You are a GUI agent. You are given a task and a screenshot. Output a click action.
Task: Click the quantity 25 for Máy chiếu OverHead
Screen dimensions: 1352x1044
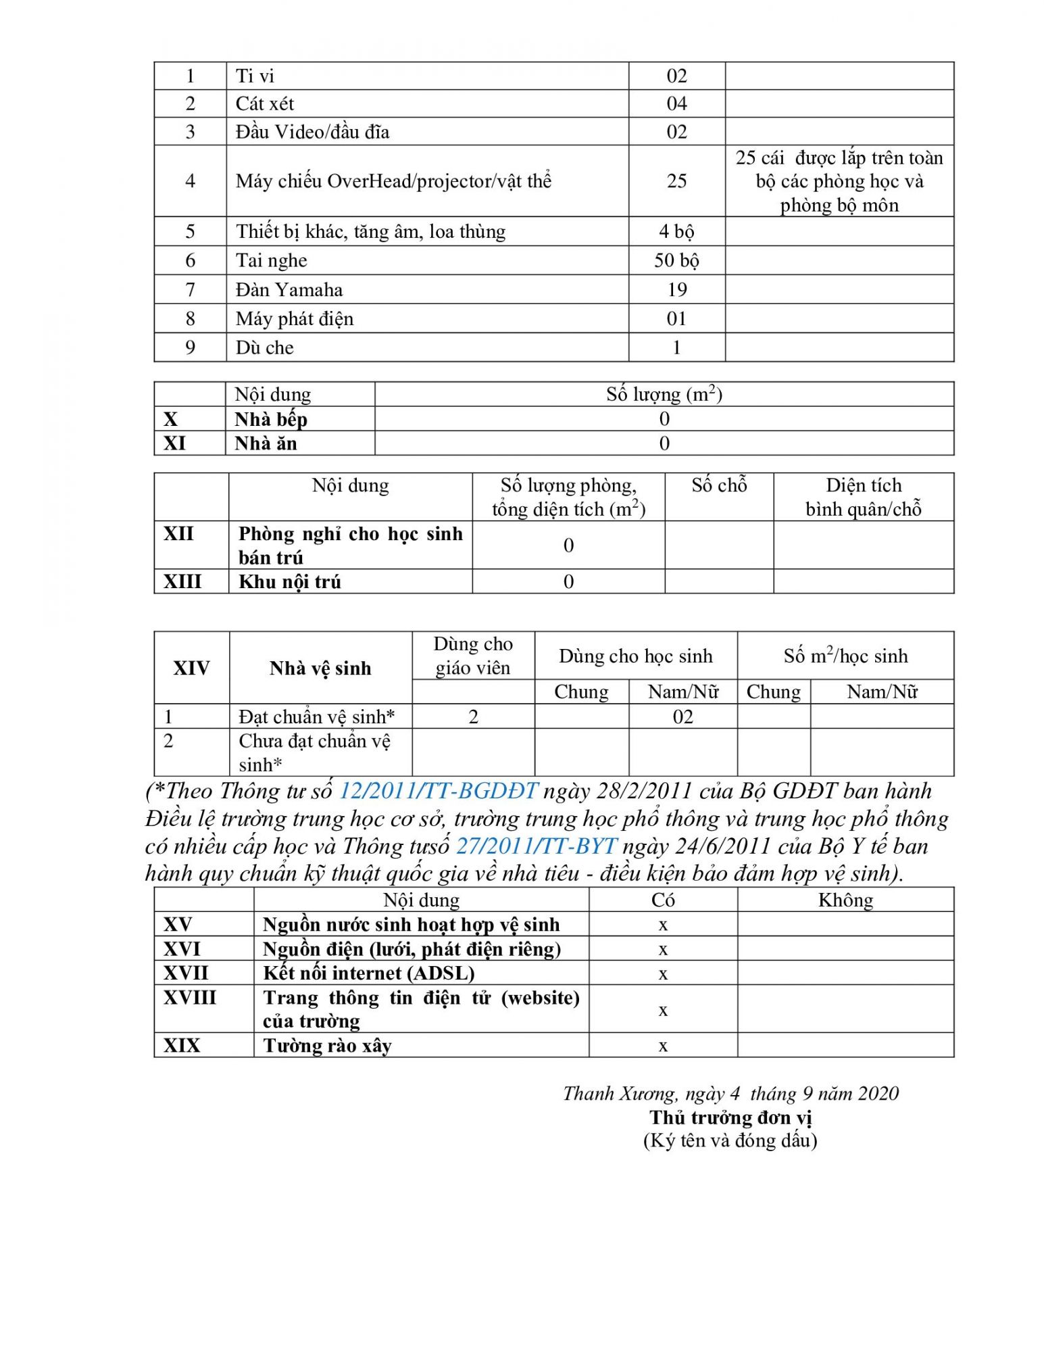click(676, 180)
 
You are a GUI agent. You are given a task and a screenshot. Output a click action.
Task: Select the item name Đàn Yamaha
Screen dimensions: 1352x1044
click(289, 289)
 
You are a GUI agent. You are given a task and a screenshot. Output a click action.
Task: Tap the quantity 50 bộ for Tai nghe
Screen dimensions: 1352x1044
click(676, 260)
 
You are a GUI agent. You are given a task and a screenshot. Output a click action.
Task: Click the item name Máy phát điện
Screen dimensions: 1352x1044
click(294, 318)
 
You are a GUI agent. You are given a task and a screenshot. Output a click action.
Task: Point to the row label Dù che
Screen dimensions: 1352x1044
click(264, 347)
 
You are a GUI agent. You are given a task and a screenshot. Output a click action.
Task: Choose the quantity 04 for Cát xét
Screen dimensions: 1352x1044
click(676, 103)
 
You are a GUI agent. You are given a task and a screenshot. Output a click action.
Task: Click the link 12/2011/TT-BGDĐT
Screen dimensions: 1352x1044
click(438, 790)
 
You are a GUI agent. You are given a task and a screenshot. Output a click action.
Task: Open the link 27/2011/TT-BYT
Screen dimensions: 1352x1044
click(537, 846)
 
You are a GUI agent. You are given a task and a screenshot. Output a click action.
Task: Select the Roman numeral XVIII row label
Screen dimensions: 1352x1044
click(190, 997)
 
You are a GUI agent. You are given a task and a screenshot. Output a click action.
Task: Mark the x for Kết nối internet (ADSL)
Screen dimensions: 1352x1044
click(663, 973)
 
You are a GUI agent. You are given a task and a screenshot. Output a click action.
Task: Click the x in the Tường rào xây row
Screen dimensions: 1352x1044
click(663, 1046)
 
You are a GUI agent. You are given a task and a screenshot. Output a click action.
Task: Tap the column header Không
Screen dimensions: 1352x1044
click(845, 900)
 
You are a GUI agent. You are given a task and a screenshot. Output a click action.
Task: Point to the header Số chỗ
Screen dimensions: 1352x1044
click(719, 485)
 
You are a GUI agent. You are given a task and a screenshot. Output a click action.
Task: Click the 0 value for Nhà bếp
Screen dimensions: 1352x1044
click(664, 418)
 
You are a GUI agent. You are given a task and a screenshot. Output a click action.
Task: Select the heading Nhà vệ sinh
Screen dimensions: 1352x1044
click(320, 668)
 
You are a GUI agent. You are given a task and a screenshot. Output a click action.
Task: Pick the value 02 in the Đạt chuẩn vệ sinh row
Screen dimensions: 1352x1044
click(682, 717)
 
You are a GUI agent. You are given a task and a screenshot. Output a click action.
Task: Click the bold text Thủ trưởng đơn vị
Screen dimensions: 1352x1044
click(730, 1117)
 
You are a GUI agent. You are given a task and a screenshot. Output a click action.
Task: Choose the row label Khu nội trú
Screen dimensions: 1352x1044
click(289, 581)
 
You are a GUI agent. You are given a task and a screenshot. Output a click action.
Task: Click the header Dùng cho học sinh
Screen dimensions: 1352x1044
click(635, 656)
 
